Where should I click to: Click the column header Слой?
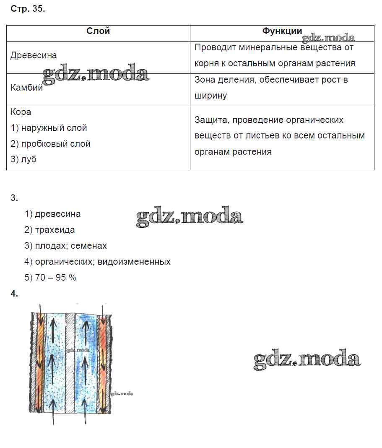[x=98, y=31]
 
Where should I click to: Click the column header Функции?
[x=282, y=31]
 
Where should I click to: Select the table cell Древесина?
[x=34, y=55]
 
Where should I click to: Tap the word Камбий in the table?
[x=27, y=88]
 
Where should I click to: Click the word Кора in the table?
[x=21, y=112]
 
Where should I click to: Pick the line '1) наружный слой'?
[x=49, y=128]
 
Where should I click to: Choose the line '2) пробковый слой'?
[x=50, y=144]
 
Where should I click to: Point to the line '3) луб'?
[x=23, y=160]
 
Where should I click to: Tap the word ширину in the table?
[x=210, y=96]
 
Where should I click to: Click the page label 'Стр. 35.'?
[x=27, y=10]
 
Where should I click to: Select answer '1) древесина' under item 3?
[x=52, y=214]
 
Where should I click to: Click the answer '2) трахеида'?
[x=49, y=230]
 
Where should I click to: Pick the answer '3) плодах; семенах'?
[x=65, y=246]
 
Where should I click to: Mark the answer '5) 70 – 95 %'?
[x=50, y=278]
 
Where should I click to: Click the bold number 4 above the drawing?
[x=14, y=294]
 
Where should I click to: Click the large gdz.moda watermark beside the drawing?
[x=307, y=359]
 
